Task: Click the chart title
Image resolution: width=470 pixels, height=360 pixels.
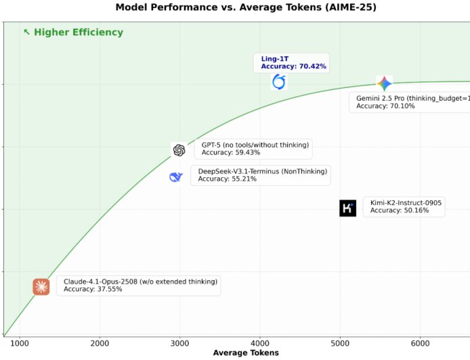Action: tap(236, 7)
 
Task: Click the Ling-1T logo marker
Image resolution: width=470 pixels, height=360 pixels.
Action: tap(279, 82)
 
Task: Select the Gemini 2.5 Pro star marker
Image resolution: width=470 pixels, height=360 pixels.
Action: tap(384, 84)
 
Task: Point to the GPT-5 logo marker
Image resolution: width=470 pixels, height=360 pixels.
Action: tap(179, 150)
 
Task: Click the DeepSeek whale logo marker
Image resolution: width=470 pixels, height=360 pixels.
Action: tap(176, 177)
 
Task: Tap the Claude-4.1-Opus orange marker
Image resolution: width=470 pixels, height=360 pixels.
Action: tap(41, 287)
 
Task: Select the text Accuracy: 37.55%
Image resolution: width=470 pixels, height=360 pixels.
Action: tap(93, 290)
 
